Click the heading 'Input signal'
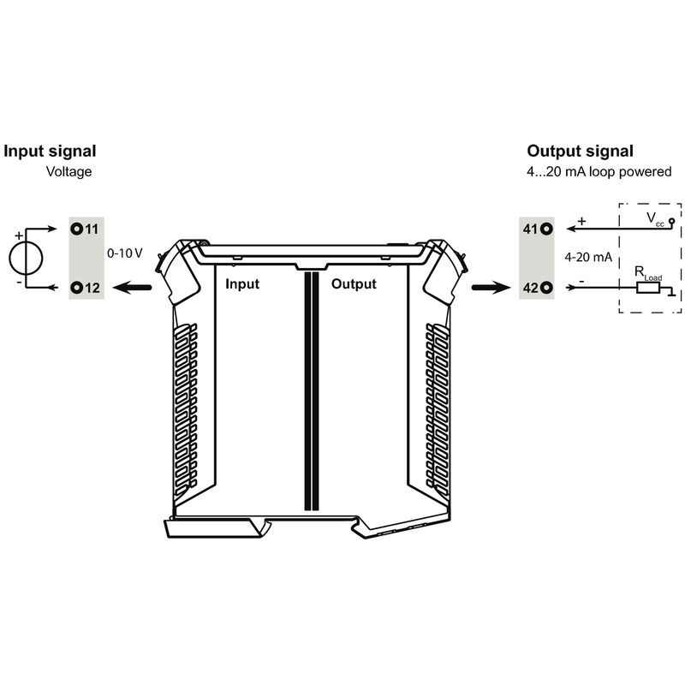(50, 152)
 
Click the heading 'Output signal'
(580, 152)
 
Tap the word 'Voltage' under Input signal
(68, 171)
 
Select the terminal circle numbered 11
(77, 229)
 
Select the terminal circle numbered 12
(77, 288)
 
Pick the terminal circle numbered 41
(545, 229)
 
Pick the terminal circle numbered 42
(545, 288)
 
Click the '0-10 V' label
(123, 253)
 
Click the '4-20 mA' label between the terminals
(587, 257)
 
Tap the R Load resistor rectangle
(647, 288)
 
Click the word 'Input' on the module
(241, 283)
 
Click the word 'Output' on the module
(354, 283)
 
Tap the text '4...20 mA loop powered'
(599, 171)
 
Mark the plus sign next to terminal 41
(582, 222)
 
